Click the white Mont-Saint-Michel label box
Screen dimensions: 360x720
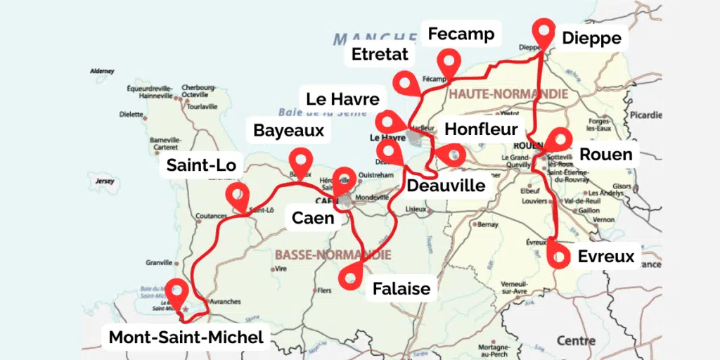[186, 337]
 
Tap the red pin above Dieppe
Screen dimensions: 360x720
[542, 30]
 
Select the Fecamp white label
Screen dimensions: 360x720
[461, 33]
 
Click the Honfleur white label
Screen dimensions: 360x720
[482, 129]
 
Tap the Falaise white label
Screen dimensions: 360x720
[401, 288]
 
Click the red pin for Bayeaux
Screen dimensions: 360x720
[301, 160]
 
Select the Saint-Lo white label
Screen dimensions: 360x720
[201, 166]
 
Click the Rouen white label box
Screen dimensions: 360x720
[605, 154]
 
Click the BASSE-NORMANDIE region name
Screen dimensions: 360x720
[333, 254]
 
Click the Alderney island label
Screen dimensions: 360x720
[103, 71]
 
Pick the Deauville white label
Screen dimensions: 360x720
[446, 186]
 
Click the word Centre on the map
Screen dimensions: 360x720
[576, 340]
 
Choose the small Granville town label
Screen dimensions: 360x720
[158, 262]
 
